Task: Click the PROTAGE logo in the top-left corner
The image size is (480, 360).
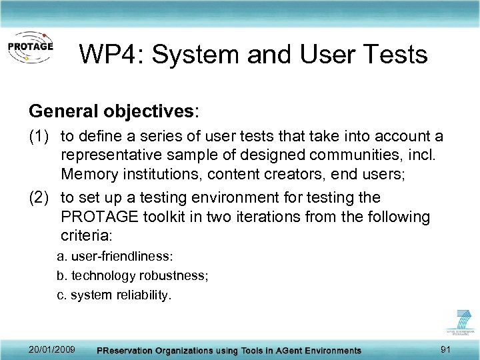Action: pyautogui.click(x=30, y=48)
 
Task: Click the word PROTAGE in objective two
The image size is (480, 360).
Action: pyautogui.click(x=99, y=217)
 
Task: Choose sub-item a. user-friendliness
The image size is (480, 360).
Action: pyautogui.click(x=115, y=257)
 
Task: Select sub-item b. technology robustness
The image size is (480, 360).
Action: pyautogui.click(x=133, y=276)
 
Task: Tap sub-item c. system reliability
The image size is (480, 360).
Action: pyautogui.click(x=114, y=295)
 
